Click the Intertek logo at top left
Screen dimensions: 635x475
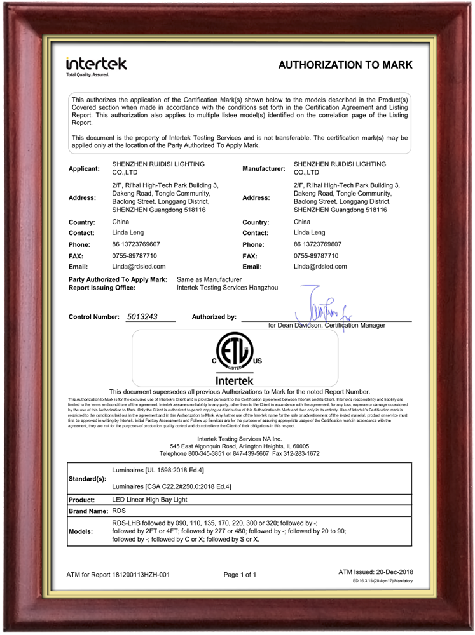(96, 65)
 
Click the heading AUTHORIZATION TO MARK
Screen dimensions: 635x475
(345, 65)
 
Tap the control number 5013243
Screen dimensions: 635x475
(143, 316)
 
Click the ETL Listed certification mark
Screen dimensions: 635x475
(235, 351)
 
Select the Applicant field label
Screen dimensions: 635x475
(84, 168)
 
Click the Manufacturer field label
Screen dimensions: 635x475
(263, 168)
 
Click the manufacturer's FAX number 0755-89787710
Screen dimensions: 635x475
(316, 256)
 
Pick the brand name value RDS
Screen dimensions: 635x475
(119, 511)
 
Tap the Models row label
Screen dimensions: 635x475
(81, 530)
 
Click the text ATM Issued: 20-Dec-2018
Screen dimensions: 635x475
(375, 572)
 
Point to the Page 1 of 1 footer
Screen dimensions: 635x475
(240, 575)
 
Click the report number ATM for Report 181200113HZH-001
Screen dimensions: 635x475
(118, 575)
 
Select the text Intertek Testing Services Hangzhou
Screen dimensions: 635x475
(227, 288)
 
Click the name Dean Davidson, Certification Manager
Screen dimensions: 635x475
(327, 325)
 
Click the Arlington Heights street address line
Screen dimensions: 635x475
(239, 446)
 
